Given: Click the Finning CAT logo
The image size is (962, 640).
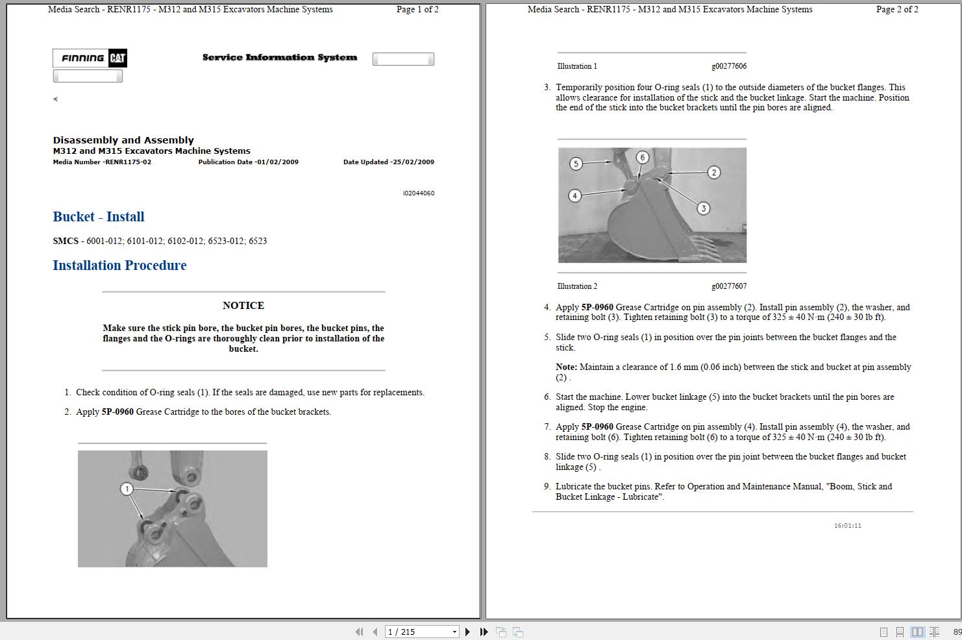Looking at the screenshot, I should coord(90,58).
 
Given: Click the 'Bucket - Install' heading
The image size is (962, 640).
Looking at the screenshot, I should coord(99,217).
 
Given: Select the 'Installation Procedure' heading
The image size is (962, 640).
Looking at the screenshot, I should coord(119,265).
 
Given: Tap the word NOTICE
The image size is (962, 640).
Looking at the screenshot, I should coord(243,306).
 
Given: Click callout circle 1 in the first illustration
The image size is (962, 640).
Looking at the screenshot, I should coord(127,489).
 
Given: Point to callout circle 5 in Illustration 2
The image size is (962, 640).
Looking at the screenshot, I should coord(576,164).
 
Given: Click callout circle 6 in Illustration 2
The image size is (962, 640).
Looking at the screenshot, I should coord(643,157).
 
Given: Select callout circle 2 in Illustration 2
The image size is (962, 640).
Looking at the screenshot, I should coord(714,172).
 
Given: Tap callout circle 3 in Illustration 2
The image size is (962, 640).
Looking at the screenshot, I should coord(704,208).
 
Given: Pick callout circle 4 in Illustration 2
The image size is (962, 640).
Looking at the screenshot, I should coord(574,195).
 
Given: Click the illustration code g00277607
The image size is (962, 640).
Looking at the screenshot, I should coord(729,286).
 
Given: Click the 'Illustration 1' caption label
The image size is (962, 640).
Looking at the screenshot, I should coord(577,66).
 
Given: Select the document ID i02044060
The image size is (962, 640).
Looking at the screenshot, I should coord(419,193).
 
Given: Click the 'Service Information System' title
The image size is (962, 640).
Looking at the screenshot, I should coord(280,58).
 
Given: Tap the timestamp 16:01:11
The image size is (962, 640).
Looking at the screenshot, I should coord(848,526).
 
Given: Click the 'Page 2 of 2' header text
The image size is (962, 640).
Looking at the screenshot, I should coord(897,10).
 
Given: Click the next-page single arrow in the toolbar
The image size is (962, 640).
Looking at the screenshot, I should coord(467,632).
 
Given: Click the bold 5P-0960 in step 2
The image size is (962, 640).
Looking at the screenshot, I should coord(117,412).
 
